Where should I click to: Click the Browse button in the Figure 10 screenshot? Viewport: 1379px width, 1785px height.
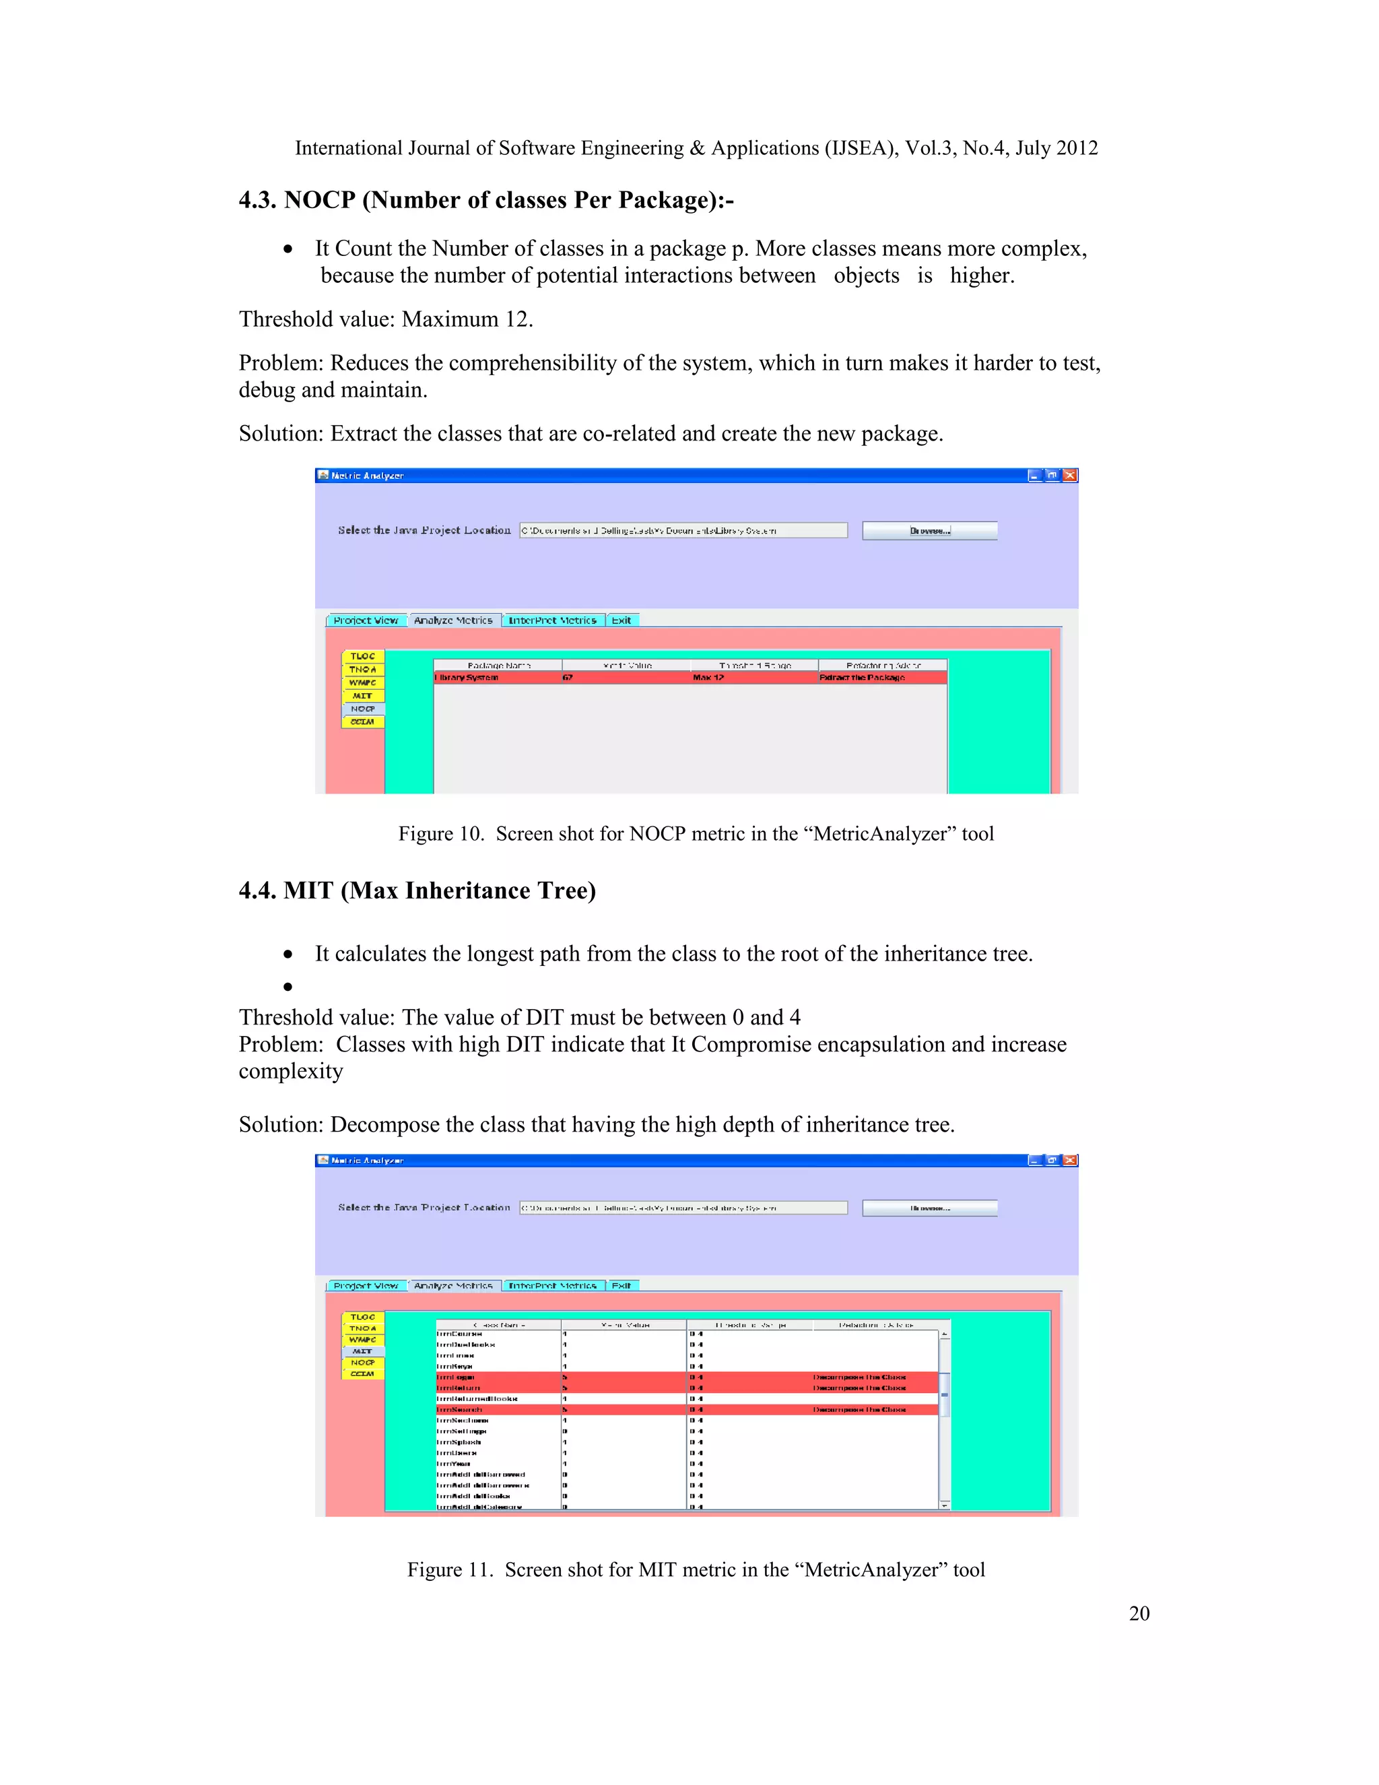click(x=930, y=530)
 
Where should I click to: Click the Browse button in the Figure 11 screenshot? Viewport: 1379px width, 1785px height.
click(x=930, y=1207)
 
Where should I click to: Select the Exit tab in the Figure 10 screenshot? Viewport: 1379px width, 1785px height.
click(x=621, y=620)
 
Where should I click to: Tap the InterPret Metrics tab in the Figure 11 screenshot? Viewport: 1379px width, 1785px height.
click(x=553, y=1286)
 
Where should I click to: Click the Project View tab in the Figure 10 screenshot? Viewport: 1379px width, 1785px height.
click(x=366, y=620)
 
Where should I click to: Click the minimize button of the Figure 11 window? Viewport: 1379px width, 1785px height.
click(x=1035, y=1160)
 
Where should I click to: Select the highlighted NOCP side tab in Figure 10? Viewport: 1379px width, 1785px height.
click(x=363, y=709)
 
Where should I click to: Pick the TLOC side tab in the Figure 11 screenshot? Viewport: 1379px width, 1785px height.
click(x=363, y=1317)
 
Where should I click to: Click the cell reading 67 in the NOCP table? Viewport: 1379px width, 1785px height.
click(x=568, y=678)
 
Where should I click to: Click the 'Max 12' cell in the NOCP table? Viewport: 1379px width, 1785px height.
click(x=708, y=678)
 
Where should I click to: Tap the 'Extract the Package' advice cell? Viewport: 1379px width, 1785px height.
click(x=862, y=678)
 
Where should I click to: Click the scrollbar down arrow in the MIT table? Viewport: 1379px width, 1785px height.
click(x=945, y=1505)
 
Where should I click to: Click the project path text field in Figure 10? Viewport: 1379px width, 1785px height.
click(x=683, y=530)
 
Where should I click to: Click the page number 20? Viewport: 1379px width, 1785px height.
click(x=1139, y=1613)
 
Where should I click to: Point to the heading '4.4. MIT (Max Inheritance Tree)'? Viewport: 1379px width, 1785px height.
click(x=417, y=890)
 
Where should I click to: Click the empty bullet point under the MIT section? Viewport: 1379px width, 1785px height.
click(x=288, y=987)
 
